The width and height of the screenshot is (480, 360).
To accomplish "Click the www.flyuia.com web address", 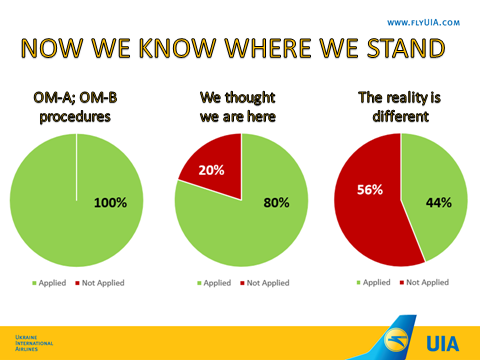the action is tap(423, 23).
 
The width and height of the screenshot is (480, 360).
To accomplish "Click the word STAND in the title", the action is tap(406, 48).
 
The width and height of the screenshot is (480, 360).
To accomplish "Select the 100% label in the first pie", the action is tap(110, 203).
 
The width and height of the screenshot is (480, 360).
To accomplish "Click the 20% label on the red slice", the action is tap(211, 170).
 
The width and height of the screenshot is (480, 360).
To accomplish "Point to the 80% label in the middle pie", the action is tap(276, 203).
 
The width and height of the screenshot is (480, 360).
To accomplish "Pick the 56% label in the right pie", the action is tap(370, 190).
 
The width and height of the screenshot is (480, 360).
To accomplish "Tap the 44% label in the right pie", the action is tap(439, 203).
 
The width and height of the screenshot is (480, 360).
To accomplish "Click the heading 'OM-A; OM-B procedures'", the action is tap(75, 107).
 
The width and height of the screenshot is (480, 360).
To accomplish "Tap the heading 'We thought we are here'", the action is tap(238, 107).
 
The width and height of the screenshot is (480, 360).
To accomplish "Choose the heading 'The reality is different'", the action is tap(400, 107).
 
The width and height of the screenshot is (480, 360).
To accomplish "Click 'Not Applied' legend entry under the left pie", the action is tap(100, 283).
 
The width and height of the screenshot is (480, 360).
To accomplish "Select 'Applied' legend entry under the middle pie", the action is tap(214, 283).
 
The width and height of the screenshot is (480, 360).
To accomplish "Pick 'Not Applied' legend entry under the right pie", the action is tap(424, 282).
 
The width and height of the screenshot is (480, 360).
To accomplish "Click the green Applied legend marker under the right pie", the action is tap(359, 283).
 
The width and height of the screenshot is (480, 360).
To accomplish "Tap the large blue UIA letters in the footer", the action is tap(443, 344).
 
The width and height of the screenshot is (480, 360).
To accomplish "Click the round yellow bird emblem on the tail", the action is tap(396, 340).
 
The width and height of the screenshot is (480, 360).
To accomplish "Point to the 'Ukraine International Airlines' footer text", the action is tap(34, 343).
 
